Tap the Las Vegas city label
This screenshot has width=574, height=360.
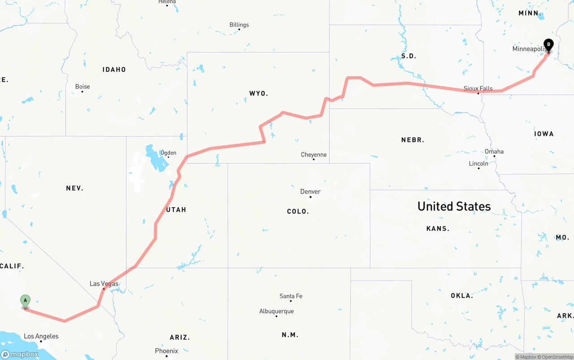(104, 283)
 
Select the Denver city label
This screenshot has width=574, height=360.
(310, 191)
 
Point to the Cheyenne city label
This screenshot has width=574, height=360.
(313, 155)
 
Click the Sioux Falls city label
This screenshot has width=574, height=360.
(478, 88)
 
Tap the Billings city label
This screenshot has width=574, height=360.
(239, 25)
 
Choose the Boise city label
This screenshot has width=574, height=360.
(83, 87)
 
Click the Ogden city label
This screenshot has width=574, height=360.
(168, 153)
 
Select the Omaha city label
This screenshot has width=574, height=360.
(494, 152)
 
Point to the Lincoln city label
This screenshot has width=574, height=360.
(478, 163)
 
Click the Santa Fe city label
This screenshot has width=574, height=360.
(291, 296)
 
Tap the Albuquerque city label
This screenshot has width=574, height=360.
(276, 311)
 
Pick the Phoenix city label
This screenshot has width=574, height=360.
(166, 351)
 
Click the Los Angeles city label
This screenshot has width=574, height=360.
(41, 336)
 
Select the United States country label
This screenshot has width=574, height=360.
(454, 206)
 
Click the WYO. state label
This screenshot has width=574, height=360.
(258, 93)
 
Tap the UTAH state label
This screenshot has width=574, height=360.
(176, 209)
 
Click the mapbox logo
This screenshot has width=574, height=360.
(20, 354)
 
